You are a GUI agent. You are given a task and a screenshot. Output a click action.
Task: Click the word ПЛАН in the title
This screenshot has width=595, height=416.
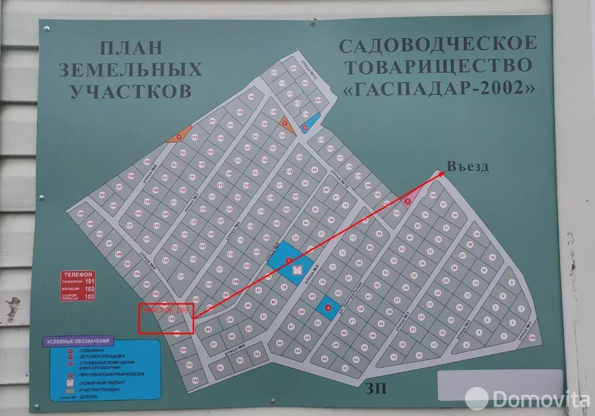click(131, 48)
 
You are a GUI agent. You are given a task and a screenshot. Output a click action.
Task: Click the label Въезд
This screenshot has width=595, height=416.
click(468, 168)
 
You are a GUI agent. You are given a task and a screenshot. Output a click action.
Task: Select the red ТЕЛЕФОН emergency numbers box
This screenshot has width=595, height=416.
click(78, 286)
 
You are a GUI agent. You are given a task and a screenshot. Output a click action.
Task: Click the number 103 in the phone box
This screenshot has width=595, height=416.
click(89, 297)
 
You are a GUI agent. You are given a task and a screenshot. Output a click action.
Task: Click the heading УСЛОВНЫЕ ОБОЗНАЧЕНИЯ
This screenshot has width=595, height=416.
click(79, 341)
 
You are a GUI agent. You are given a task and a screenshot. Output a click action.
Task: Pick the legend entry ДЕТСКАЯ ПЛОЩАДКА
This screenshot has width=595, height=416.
click(100, 357)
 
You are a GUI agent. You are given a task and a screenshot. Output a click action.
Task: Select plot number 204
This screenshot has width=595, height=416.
click(318, 100)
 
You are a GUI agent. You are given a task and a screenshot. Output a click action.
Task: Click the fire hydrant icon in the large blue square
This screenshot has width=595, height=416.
click(297, 270)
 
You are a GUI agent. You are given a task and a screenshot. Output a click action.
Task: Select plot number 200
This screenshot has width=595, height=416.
click(81, 213)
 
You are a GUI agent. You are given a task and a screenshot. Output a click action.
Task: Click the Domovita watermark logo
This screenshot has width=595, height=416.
click(527, 399)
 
